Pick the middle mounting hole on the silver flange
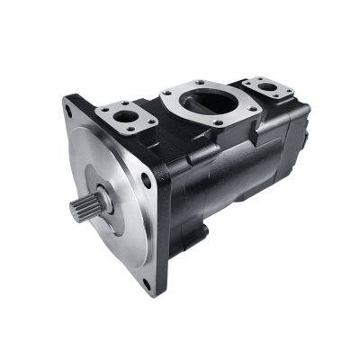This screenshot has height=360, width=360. [x=146, y=180]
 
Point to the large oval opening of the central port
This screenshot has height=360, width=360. [x=209, y=101]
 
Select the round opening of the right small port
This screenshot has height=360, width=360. [x=268, y=86]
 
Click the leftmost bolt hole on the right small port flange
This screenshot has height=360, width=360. [x=248, y=81]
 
